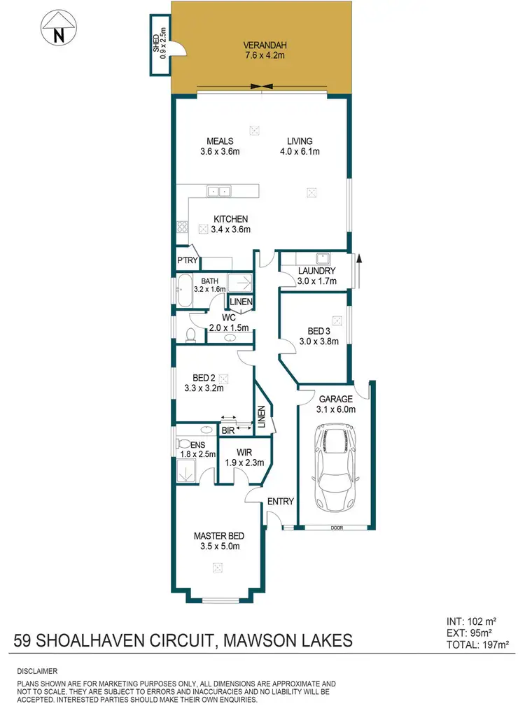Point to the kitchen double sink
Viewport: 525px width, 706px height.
click(x=219, y=190)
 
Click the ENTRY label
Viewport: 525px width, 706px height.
click(x=280, y=501)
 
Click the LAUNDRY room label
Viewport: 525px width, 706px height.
click(x=316, y=271)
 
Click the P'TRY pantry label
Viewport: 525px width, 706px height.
click(x=188, y=261)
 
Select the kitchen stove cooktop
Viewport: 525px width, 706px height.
click(x=182, y=226)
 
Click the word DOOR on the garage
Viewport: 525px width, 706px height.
click(x=332, y=528)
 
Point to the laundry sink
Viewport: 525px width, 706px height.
click(x=322, y=257)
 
